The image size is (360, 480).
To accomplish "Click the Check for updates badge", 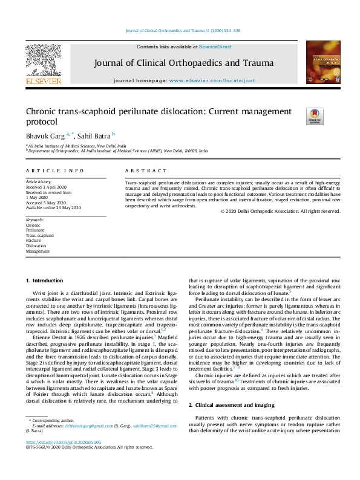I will [315, 116].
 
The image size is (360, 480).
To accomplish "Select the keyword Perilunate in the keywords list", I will [35, 230].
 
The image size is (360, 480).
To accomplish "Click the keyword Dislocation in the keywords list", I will [36, 245].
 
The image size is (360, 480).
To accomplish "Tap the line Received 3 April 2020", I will [45, 187].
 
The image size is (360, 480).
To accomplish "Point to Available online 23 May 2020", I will [53, 207].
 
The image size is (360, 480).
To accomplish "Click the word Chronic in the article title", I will [43, 111].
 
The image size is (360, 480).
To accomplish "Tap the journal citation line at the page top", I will [182, 30].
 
